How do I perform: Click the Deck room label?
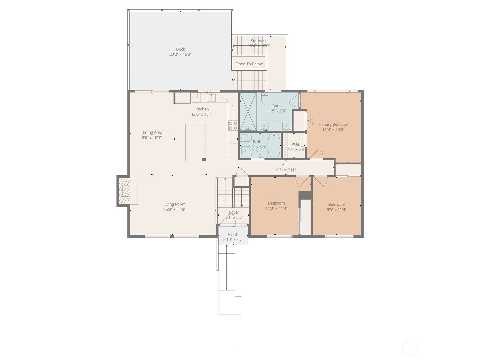pyautogui.click(x=180, y=49)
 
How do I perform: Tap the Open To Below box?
pyautogui.click(x=249, y=64)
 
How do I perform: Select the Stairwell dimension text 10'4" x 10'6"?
pyautogui.click(x=258, y=46)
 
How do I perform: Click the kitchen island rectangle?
pyautogui.click(x=196, y=142)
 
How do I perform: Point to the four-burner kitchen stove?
pyautogui.click(x=233, y=125)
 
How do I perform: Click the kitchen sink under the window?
pyautogui.click(x=211, y=97)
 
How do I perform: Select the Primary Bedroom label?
pyautogui.click(x=333, y=124)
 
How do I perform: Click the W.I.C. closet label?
pyautogui.click(x=296, y=144)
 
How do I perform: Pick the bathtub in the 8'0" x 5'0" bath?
pyautogui.click(x=274, y=145)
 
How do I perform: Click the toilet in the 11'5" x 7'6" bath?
pyautogui.click(x=265, y=99)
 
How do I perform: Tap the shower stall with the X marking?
pyautogui.click(x=248, y=112)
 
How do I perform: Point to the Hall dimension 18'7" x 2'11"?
pyautogui.click(x=285, y=170)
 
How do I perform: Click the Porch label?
pyautogui.click(x=233, y=234)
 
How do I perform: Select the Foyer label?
pyautogui.click(x=234, y=212)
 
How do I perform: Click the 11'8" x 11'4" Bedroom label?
pyautogui.click(x=276, y=203)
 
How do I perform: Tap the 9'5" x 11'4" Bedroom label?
pyautogui.click(x=337, y=205)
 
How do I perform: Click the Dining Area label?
pyautogui.click(x=152, y=132)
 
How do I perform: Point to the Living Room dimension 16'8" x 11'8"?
pyautogui.click(x=174, y=209)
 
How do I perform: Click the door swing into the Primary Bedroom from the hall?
pyautogui.click(x=317, y=154)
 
